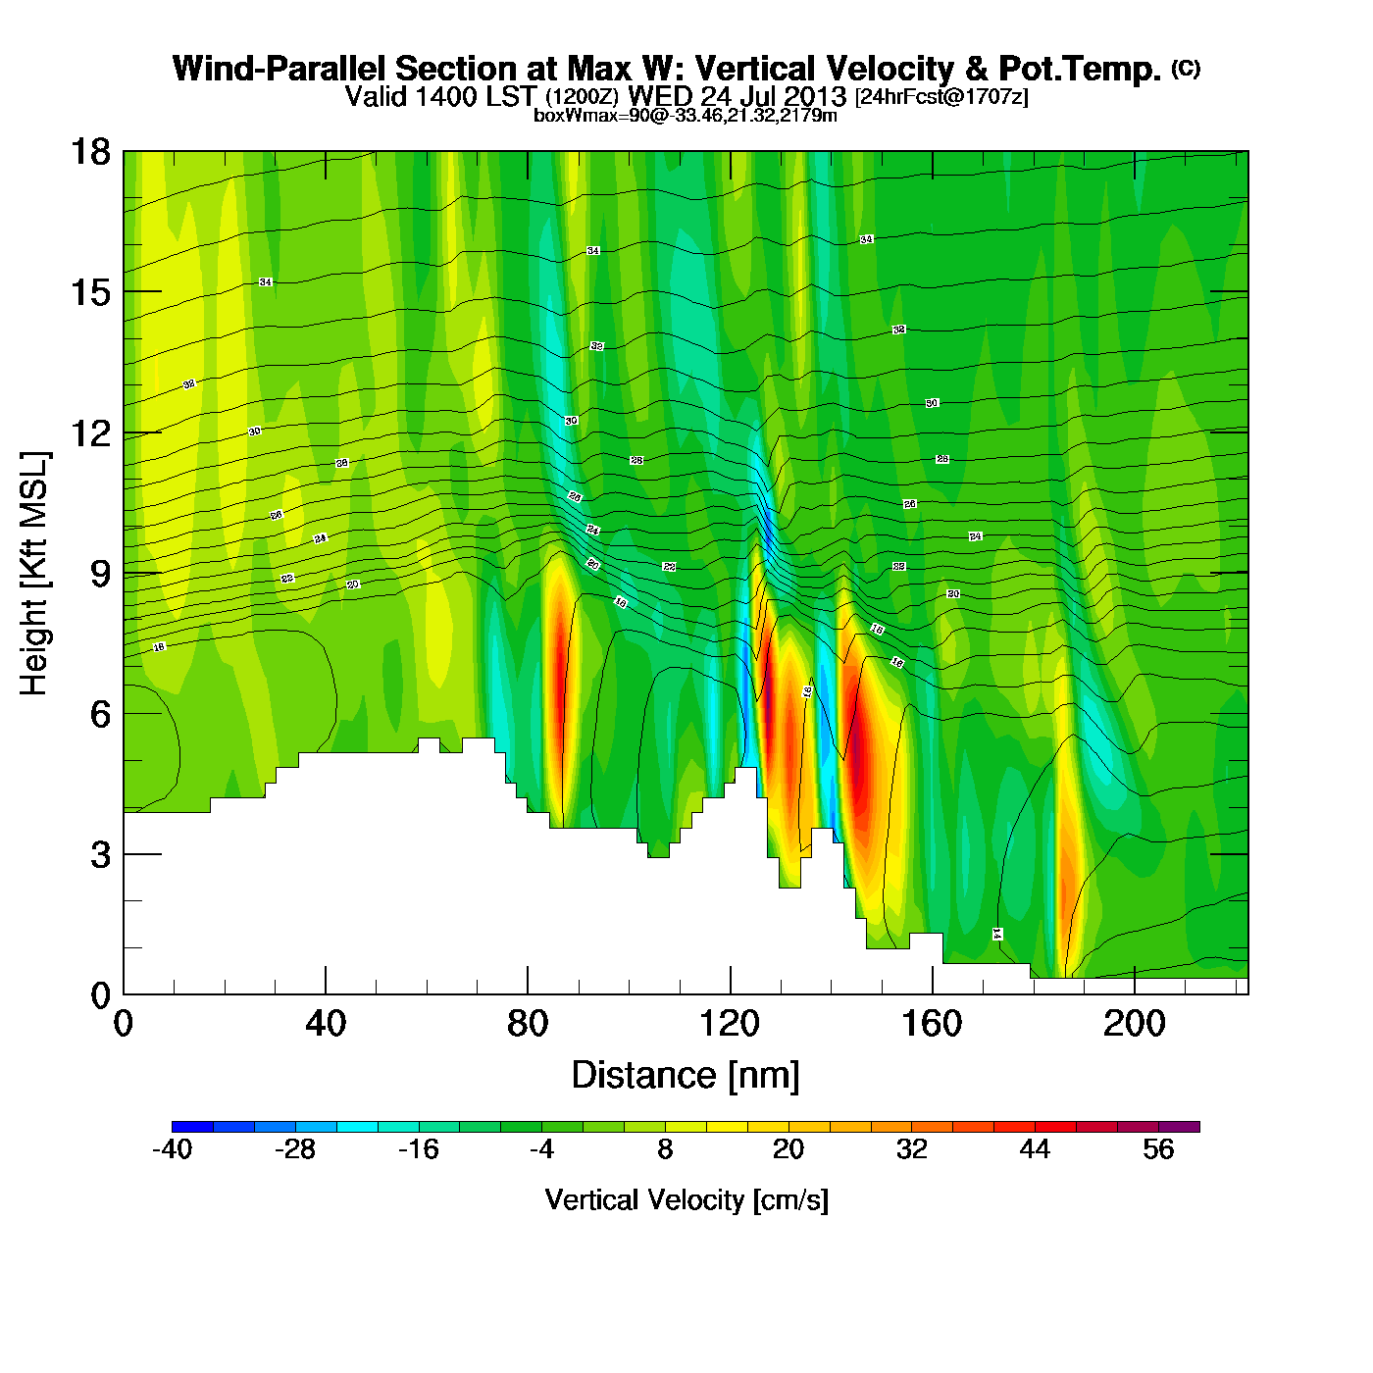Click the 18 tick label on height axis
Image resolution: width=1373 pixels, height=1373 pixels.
point(89,152)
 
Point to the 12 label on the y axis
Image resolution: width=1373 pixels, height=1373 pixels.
point(89,432)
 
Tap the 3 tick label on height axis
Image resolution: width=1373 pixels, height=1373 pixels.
point(99,854)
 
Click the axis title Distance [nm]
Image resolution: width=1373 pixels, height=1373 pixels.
point(686,1076)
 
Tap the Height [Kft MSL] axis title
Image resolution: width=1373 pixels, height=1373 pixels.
point(34,574)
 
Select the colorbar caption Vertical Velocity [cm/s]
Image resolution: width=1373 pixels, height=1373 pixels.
point(686,1199)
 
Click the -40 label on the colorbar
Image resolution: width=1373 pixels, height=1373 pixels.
point(172,1149)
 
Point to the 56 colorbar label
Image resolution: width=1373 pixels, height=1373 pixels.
point(1158,1149)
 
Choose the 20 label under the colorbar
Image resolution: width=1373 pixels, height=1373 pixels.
point(788,1149)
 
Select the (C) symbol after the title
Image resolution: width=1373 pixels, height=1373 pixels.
point(1186,68)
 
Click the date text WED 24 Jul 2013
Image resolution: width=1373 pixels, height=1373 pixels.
point(737,96)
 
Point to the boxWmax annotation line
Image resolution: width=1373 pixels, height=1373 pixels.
point(686,116)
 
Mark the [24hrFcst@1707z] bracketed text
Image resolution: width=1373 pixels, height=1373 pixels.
point(941,97)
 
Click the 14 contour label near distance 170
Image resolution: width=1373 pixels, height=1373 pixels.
point(997,934)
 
